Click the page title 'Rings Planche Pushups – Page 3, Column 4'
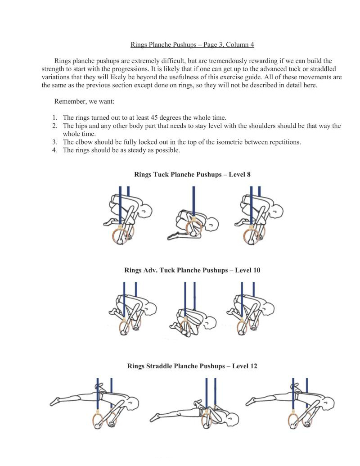(x=192, y=45)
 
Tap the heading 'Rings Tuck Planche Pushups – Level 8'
(x=192, y=174)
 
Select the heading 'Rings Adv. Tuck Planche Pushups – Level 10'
(x=192, y=270)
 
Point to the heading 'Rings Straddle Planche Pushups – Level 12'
(x=192, y=366)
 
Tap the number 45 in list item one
(x=160, y=118)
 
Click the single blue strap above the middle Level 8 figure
(x=193, y=198)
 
